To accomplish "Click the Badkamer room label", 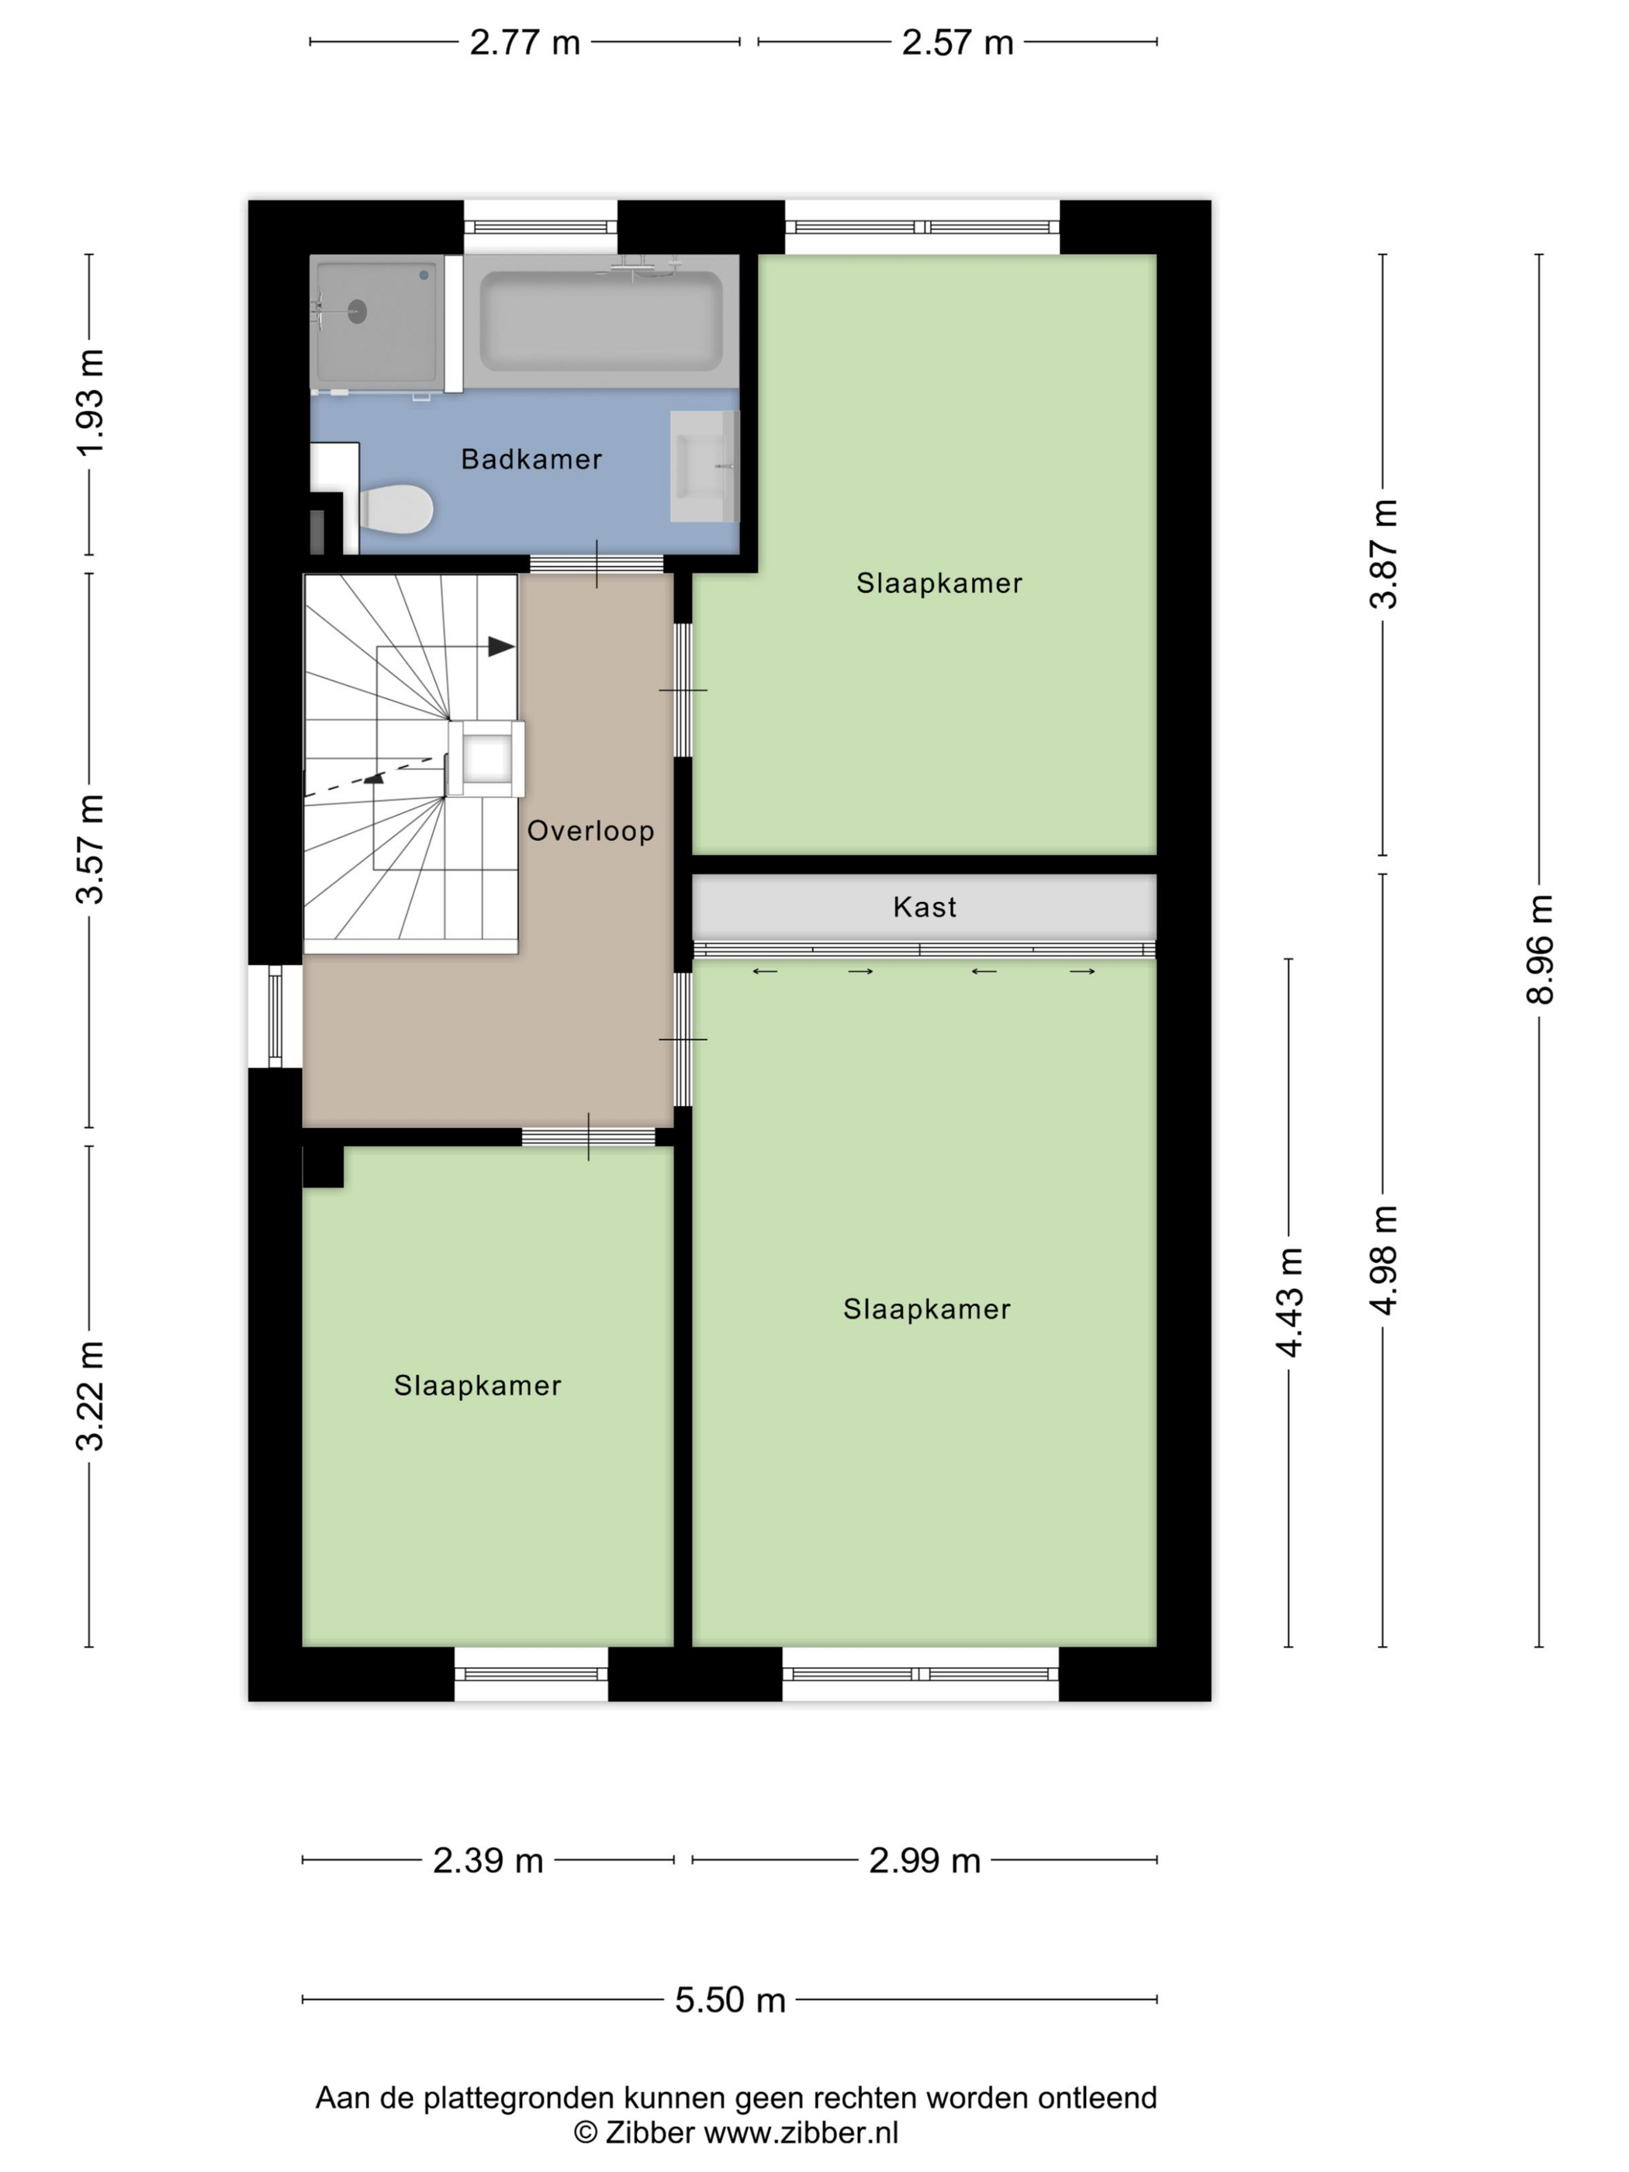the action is (x=531, y=458).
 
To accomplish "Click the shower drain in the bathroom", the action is (x=356, y=311).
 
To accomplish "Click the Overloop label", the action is (x=590, y=831).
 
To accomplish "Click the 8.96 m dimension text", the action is (x=1540, y=949).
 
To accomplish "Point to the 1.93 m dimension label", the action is (x=89, y=403).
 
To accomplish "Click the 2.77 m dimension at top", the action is (x=524, y=42).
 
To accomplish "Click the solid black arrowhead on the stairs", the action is (x=502, y=646).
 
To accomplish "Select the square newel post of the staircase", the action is (x=486, y=758).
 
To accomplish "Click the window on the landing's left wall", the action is (x=275, y=1015).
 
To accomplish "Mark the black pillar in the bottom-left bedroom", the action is (x=323, y=1167).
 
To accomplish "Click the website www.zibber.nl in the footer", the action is (x=801, y=2132).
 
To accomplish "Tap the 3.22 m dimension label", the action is (x=89, y=1396).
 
